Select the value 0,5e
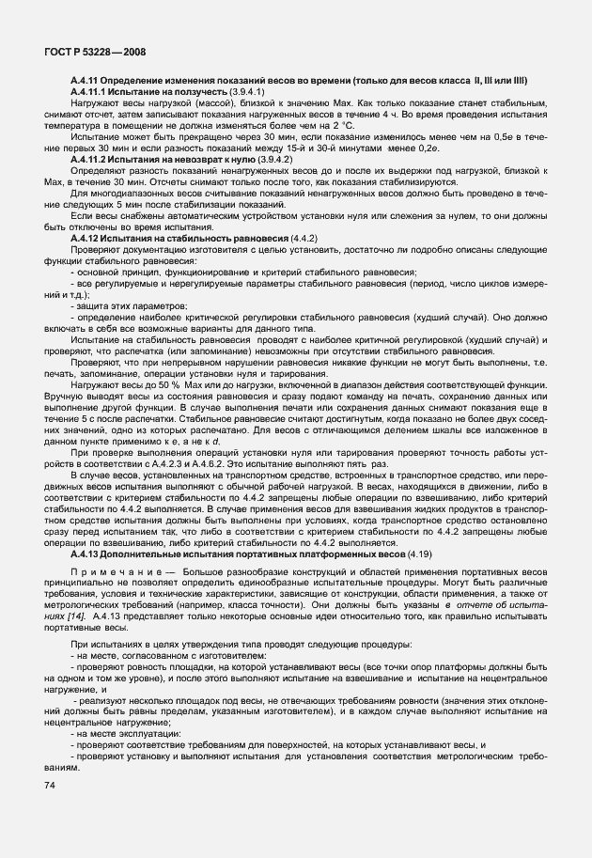[x=515, y=136]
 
